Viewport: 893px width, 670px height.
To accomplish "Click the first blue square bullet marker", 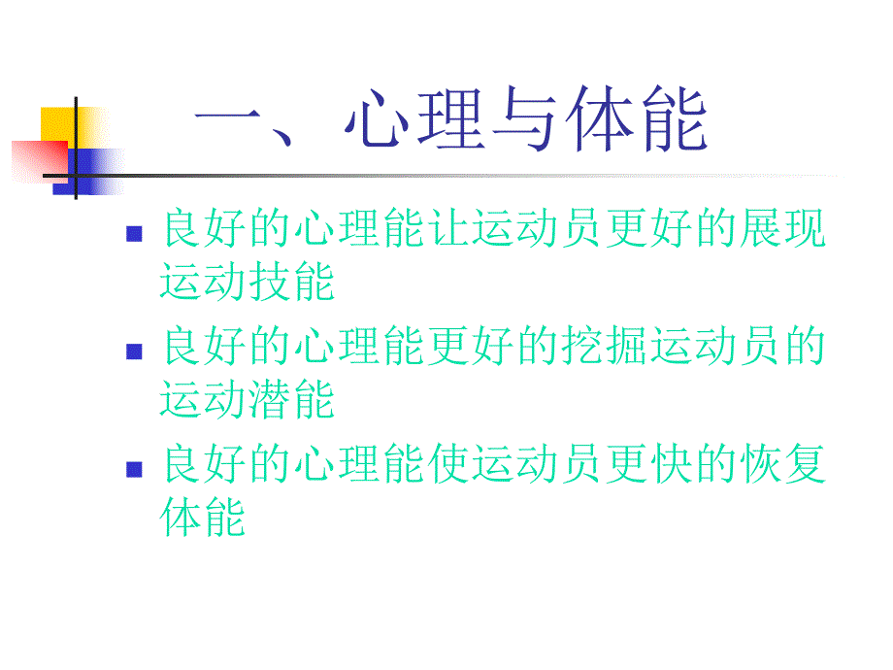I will coord(134,235).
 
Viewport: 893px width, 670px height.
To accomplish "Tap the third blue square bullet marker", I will coord(134,469).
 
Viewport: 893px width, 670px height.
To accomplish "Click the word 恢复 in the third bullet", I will coord(781,464).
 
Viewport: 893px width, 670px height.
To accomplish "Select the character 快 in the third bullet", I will coord(669,464).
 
